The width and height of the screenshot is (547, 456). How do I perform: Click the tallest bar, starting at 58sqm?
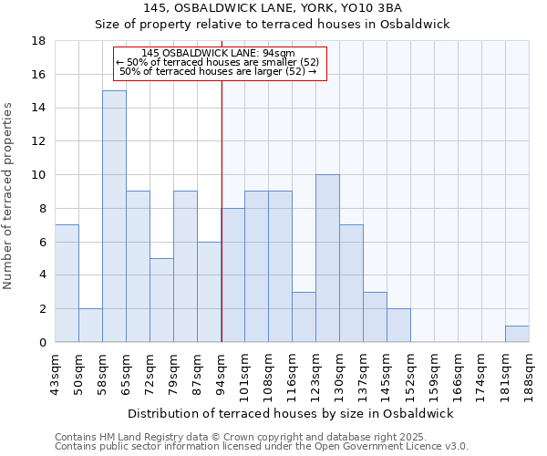pos(114,216)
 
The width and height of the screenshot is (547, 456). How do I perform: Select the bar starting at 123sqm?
pos(327,258)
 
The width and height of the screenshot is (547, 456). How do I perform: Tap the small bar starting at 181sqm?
pos(517,334)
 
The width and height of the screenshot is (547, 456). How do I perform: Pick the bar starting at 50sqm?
pos(90,326)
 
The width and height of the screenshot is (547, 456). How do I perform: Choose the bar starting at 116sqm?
pos(304,316)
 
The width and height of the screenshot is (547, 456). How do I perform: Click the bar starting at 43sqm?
pos(67,284)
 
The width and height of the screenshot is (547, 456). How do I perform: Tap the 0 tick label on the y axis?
pos(42,342)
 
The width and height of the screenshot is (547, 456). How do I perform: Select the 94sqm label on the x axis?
pos(221,372)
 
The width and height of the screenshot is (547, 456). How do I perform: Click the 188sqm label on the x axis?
pos(529,372)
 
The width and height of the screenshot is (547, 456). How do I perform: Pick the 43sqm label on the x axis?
pos(55,372)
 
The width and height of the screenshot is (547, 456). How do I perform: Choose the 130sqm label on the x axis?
pos(339,372)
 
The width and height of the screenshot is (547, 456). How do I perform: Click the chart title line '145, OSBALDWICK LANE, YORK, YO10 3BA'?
pos(273,8)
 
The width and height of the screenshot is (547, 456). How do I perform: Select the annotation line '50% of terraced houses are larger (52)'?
pos(218,71)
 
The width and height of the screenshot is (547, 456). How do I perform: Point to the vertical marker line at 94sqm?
pos(222,210)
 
